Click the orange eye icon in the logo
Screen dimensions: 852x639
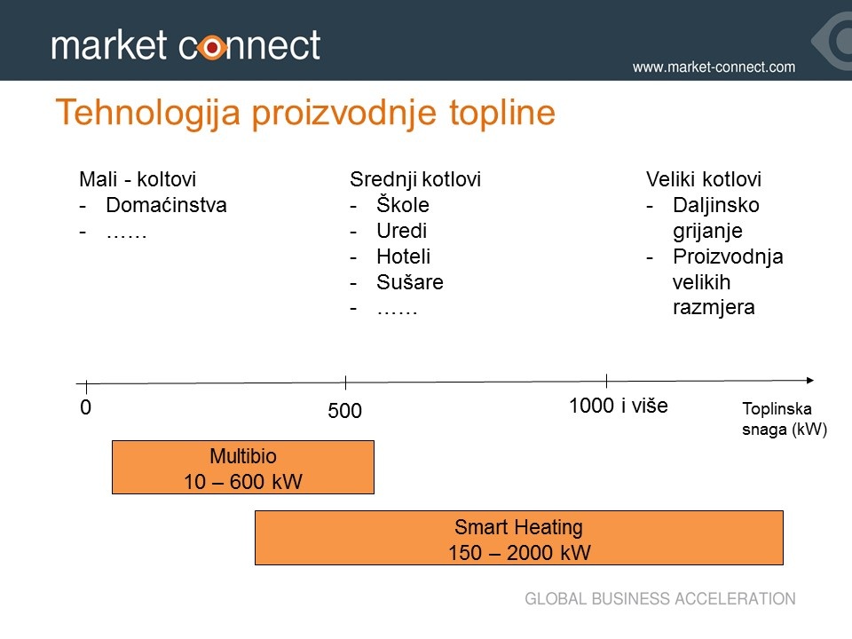tap(212, 48)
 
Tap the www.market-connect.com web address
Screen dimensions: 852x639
tap(714, 67)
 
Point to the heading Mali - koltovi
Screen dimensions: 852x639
tap(138, 179)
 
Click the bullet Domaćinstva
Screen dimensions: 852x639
tap(166, 205)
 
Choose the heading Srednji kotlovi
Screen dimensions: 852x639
tap(415, 179)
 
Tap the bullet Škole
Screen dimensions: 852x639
tap(403, 205)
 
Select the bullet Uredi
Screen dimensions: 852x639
tap(401, 231)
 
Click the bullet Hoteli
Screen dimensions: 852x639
tap(403, 256)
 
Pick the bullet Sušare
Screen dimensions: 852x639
tap(410, 282)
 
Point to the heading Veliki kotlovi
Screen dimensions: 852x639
tap(704, 179)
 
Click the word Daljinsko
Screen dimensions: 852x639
tap(716, 205)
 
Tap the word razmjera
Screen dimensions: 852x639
tap(714, 308)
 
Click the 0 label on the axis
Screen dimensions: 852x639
tap(85, 407)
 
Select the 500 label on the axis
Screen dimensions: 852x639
tap(344, 410)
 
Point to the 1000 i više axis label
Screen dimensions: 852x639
tap(619, 406)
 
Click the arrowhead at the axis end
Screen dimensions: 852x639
tap(810, 381)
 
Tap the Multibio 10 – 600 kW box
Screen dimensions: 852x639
tap(243, 468)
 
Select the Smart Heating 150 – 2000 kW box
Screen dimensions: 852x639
tap(519, 538)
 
